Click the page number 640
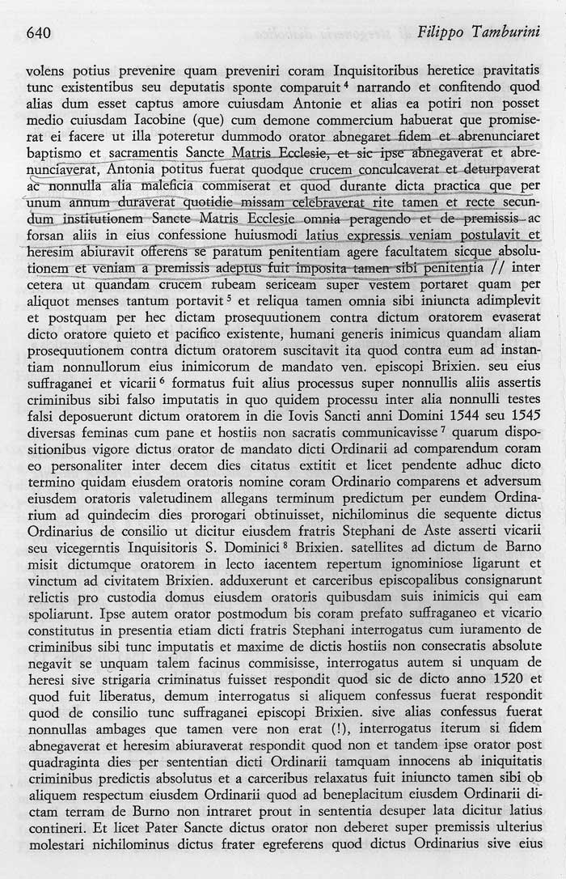(40, 32)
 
